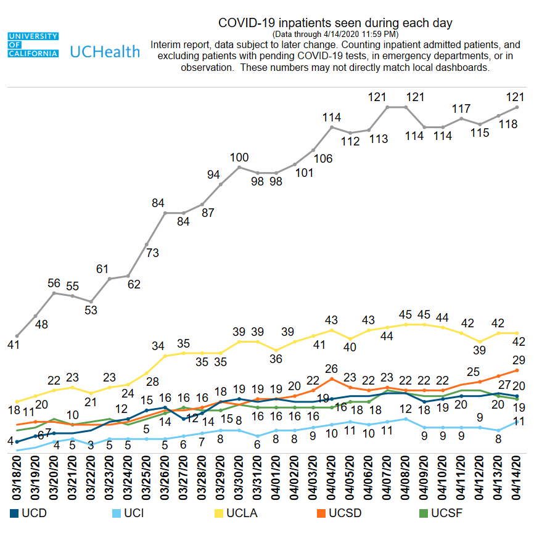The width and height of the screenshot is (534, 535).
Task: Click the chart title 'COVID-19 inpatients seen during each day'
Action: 335,23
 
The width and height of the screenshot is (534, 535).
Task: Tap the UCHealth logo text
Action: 105,51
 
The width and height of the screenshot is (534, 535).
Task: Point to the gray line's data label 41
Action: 14,345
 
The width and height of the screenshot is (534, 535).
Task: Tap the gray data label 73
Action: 152,253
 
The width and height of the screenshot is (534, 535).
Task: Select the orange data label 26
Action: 331,369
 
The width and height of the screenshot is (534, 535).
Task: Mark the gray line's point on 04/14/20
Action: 517,107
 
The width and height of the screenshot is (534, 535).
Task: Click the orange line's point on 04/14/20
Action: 517,370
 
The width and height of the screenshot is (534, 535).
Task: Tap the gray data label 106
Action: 322,158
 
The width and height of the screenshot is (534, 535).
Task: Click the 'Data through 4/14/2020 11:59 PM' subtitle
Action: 335,34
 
